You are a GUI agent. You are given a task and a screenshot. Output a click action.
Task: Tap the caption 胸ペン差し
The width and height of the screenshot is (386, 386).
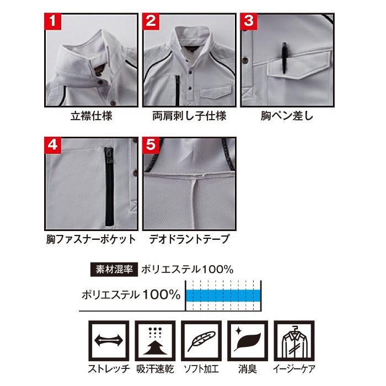[287, 117]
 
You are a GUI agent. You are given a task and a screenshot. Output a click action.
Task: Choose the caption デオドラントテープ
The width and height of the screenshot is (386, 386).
[189, 240]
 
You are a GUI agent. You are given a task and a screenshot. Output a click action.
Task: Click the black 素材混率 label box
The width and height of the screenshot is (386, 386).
[113, 270]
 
